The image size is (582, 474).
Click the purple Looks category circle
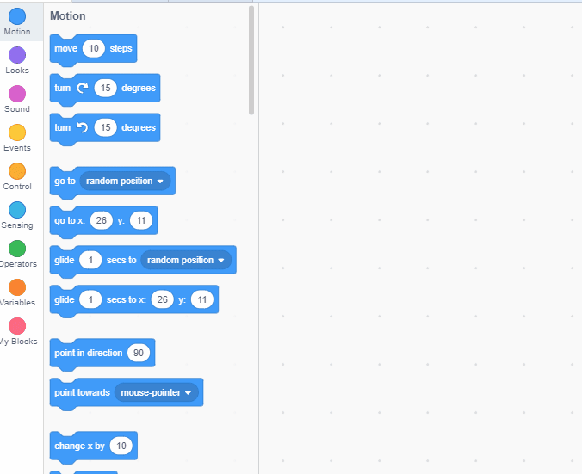(17, 55)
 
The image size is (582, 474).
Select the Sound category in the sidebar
(17, 94)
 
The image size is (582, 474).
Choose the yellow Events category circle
(17, 132)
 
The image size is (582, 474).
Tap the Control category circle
(17, 171)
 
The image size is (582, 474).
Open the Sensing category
(17, 210)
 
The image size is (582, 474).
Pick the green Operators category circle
(17, 249)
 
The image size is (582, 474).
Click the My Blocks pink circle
(17, 326)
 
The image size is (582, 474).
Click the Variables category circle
(17, 287)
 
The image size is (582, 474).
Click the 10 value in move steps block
(94, 49)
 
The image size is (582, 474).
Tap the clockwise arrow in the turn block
(83, 89)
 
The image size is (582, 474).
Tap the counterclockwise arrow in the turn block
(83, 128)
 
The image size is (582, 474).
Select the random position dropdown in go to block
(125, 182)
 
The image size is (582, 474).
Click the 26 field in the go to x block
(102, 221)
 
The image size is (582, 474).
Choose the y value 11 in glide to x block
(201, 299)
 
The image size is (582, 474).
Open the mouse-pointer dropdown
(156, 392)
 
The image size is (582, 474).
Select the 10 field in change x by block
(121, 446)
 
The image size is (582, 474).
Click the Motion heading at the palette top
(68, 16)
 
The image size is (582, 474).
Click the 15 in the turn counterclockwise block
(105, 128)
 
